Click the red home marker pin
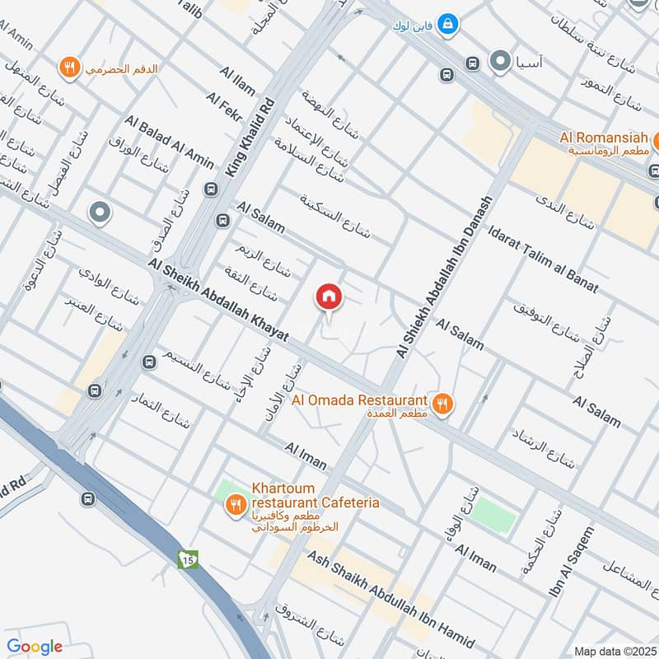[328, 297]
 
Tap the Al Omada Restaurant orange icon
[443, 403]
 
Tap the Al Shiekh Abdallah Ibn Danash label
[445, 276]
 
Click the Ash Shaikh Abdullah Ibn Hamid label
[390, 599]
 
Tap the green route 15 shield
[187, 560]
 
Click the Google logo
[35, 647]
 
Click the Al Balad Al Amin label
[170, 143]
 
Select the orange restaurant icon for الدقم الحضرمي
[69, 67]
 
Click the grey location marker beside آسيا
[499, 60]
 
